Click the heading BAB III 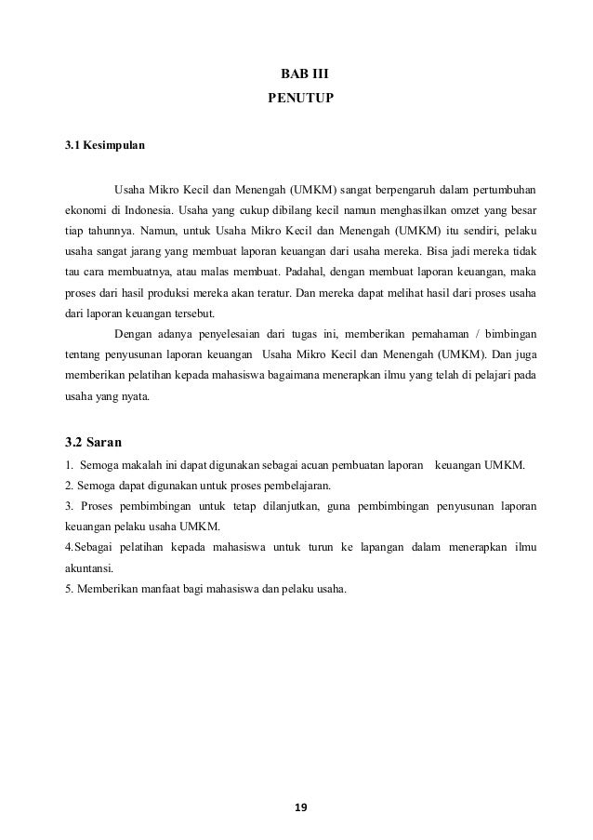pyautogui.click(x=305, y=73)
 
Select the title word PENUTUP pyautogui.click(x=306, y=96)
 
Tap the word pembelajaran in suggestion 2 pyautogui.click(x=300, y=486)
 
